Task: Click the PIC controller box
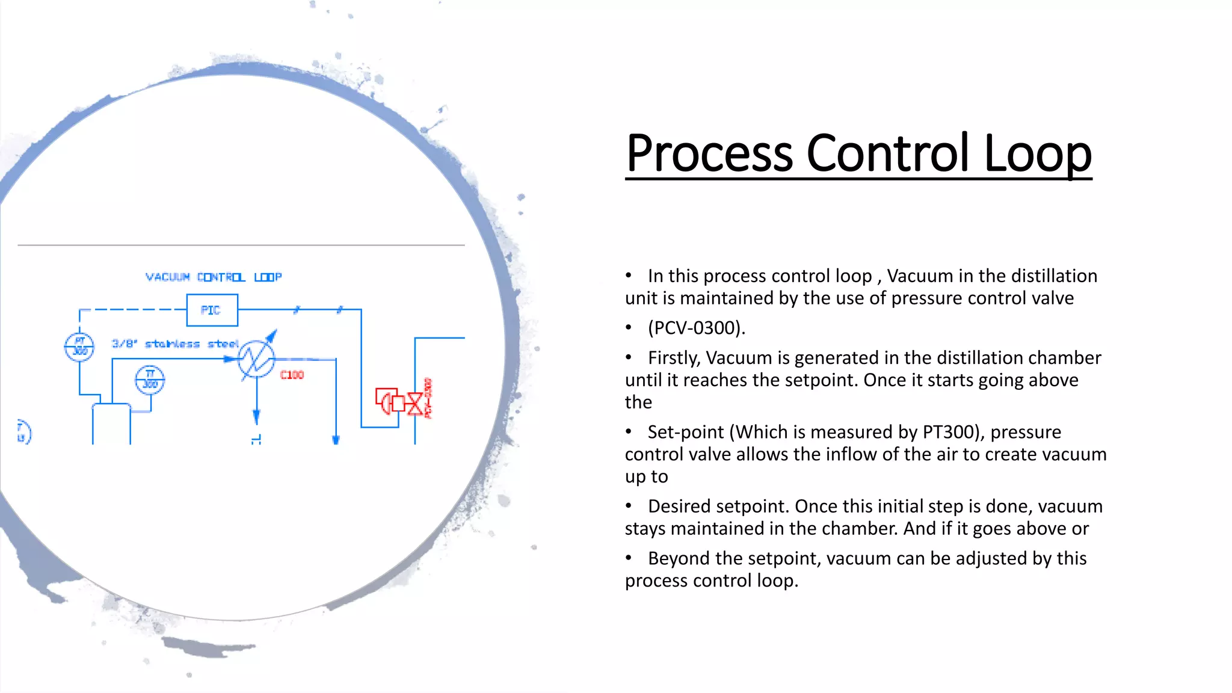coord(212,310)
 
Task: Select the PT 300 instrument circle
coord(79,347)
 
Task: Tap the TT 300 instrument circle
coord(150,380)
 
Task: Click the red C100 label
coord(292,375)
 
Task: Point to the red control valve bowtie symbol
coord(414,403)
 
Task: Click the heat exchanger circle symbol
coord(257,359)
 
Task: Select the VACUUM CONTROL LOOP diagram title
coord(214,277)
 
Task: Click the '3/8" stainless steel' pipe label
coord(175,343)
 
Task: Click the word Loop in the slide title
coord(1037,153)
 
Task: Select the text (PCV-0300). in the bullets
coord(696,328)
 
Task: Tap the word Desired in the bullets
coord(680,507)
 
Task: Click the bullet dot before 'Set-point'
coord(629,431)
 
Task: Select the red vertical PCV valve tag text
coord(428,398)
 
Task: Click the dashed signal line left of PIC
coord(132,309)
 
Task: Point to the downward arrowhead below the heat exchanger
coord(256,416)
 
